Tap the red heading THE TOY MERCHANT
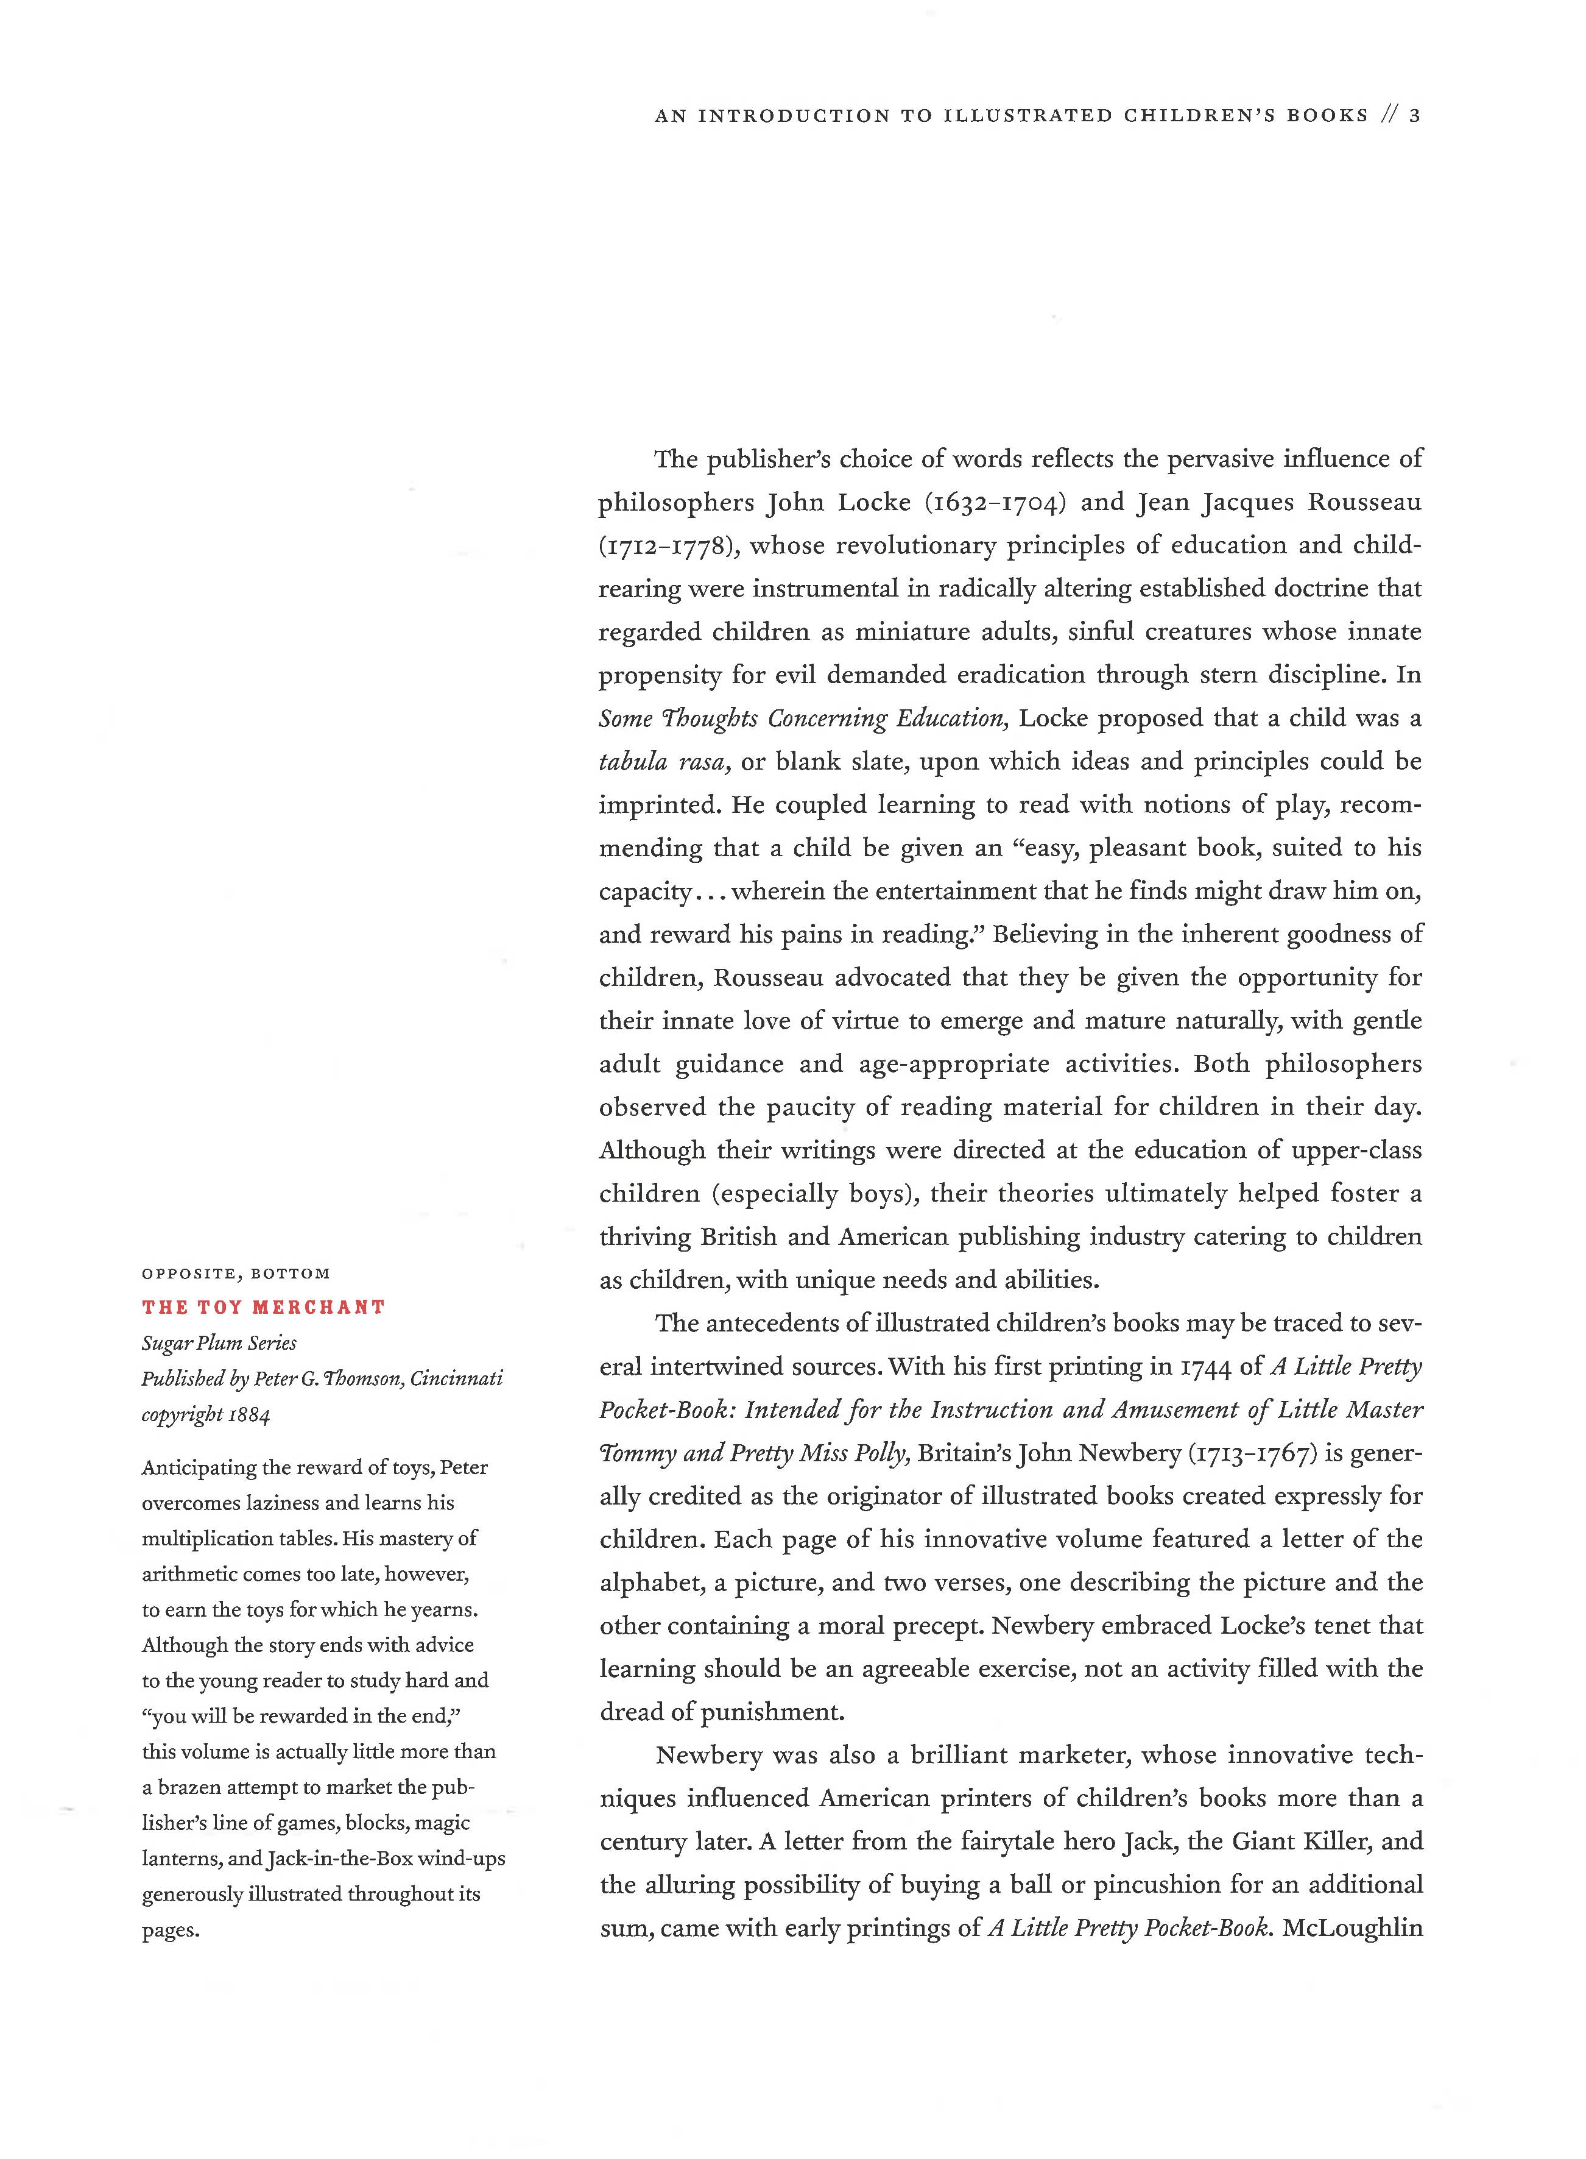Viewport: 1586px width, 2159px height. (x=263, y=1307)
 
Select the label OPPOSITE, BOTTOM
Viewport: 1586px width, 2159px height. (x=235, y=1274)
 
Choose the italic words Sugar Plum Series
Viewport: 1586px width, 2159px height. (x=219, y=1342)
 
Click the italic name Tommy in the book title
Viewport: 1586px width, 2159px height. (x=635, y=1453)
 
